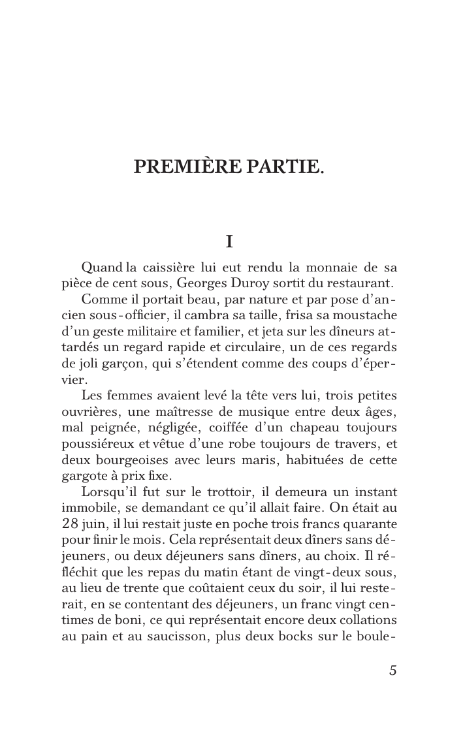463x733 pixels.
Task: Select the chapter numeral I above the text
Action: click(229, 242)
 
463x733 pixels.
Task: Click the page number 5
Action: click(392, 670)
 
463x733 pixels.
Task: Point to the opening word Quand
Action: click(101, 268)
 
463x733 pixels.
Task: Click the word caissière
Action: click(170, 268)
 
